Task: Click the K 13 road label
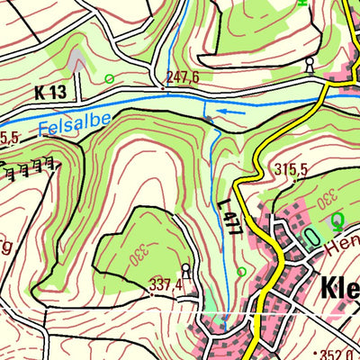point(52,92)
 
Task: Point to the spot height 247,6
point(183,78)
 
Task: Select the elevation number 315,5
point(292,170)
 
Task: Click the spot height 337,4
point(166,285)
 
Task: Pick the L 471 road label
point(230,218)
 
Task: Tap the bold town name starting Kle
point(339,288)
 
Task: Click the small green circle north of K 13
point(109,79)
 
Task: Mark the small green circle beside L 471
point(241,271)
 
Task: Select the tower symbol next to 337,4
point(185,269)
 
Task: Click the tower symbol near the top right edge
point(310,64)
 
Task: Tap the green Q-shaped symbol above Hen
point(337,219)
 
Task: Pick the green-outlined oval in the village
point(310,237)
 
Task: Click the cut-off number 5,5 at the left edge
point(9,138)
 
